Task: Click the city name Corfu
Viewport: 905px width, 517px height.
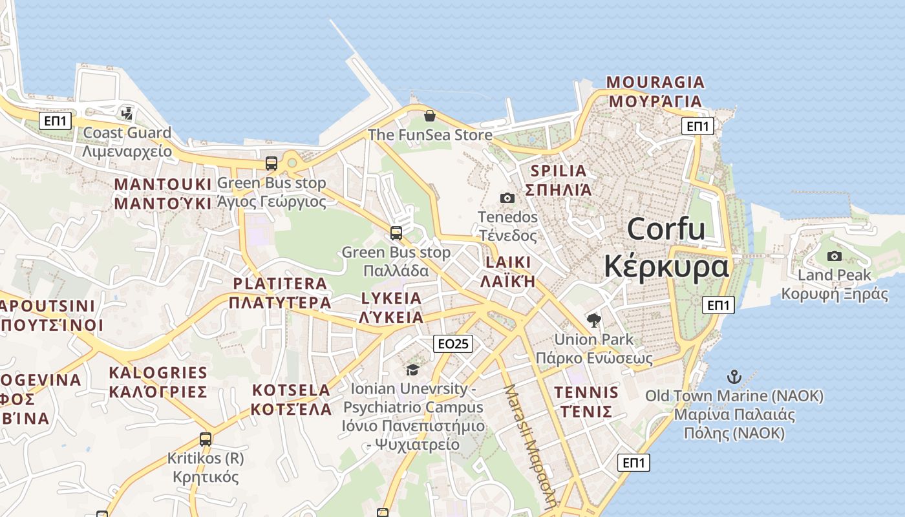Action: (666, 229)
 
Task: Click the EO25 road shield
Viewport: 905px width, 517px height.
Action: (452, 344)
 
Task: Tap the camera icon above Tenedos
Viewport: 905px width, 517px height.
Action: (507, 198)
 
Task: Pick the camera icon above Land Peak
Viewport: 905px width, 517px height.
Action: (835, 256)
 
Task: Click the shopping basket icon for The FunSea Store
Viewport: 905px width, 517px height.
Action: (429, 116)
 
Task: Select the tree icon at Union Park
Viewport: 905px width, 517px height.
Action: (593, 320)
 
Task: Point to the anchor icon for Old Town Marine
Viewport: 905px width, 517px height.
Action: (734, 376)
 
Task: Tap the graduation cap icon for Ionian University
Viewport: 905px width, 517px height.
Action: (412, 370)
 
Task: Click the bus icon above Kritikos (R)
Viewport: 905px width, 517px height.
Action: (206, 439)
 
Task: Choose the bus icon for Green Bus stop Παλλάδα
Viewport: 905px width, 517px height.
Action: (396, 233)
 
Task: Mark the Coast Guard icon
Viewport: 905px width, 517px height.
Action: (127, 114)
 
